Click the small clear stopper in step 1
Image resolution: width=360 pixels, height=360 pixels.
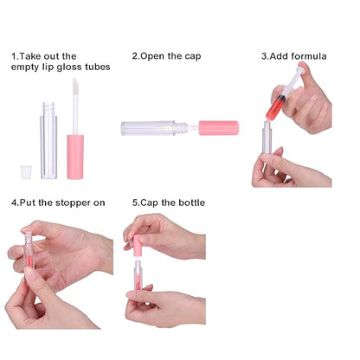click(x=26, y=172)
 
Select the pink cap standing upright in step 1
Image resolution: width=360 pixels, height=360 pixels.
click(x=75, y=157)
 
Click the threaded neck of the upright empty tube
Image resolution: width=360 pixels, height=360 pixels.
click(x=48, y=108)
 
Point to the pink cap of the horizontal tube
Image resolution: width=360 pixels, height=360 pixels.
click(x=219, y=128)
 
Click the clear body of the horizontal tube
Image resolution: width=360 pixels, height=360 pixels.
click(x=148, y=128)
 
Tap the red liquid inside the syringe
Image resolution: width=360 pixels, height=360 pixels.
click(x=275, y=107)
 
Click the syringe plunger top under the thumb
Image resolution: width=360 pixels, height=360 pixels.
click(x=300, y=70)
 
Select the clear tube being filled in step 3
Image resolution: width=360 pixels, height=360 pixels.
click(x=267, y=137)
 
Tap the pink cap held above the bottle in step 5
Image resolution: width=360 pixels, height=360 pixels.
click(x=138, y=246)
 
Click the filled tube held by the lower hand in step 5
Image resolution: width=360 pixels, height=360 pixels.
click(x=138, y=275)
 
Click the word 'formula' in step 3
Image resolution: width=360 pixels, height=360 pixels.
click(x=309, y=56)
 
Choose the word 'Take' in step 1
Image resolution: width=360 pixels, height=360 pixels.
click(x=29, y=56)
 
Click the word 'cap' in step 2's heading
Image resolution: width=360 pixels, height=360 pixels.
click(x=193, y=57)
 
